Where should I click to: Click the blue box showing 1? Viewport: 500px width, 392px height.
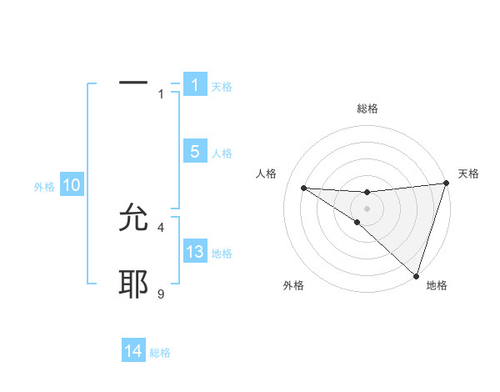coord(194,85)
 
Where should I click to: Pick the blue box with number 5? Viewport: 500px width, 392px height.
coord(194,152)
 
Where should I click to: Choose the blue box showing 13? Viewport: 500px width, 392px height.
coord(194,252)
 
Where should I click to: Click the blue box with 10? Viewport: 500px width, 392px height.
coord(72,186)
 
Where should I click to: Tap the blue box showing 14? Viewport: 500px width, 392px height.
coord(133,352)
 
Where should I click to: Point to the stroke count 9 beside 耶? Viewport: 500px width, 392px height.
coord(161,294)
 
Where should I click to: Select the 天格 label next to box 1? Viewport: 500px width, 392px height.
coord(222,87)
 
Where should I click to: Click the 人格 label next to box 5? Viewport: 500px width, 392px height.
coord(222,153)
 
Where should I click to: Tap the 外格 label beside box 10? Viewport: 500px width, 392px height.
coord(44,188)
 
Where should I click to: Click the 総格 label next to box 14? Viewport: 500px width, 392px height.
coord(160,354)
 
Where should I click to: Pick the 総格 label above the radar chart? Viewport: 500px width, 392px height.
coord(367,108)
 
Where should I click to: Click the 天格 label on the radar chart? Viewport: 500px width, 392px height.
coord(468,173)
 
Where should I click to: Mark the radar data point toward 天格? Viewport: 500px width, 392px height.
coord(447,183)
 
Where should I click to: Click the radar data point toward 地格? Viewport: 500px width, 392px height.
coord(417,276)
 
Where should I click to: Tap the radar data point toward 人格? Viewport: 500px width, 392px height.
coord(303,187)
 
